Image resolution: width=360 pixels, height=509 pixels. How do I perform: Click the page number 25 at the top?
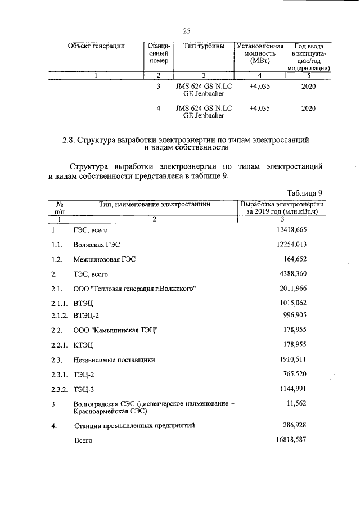(x=187, y=30)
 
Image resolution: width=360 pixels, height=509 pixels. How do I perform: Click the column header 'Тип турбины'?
(x=204, y=46)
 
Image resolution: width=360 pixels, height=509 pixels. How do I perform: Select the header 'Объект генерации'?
(x=96, y=46)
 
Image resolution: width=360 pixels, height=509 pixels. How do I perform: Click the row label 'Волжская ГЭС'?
(x=96, y=245)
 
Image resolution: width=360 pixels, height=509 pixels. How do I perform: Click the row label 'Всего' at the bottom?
(x=83, y=441)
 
